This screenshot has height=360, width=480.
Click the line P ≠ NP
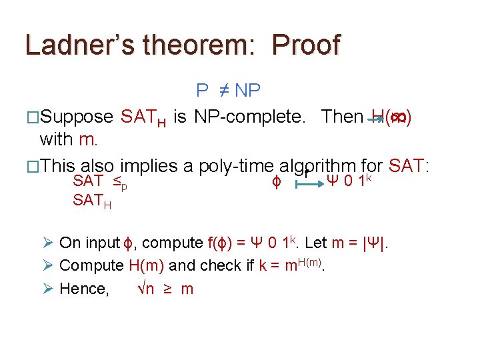tap(228, 90)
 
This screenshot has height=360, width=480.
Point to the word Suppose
tap(77, 117)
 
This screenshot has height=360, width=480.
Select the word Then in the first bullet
tap(342, 117)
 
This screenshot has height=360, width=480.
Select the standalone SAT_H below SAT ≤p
tap(91, 201)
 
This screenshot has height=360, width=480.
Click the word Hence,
tap(84, 289)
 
